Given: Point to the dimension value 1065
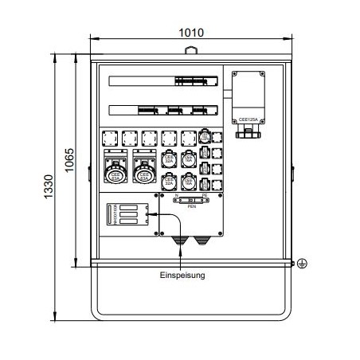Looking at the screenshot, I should click(x=69, y=162).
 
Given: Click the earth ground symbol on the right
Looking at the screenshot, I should click(x=302, y=264).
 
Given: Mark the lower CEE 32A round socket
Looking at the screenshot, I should click(x=169, y=182).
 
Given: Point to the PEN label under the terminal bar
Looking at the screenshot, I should click(x=191, y=205).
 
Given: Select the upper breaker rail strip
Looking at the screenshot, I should click(x=163, y=80).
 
